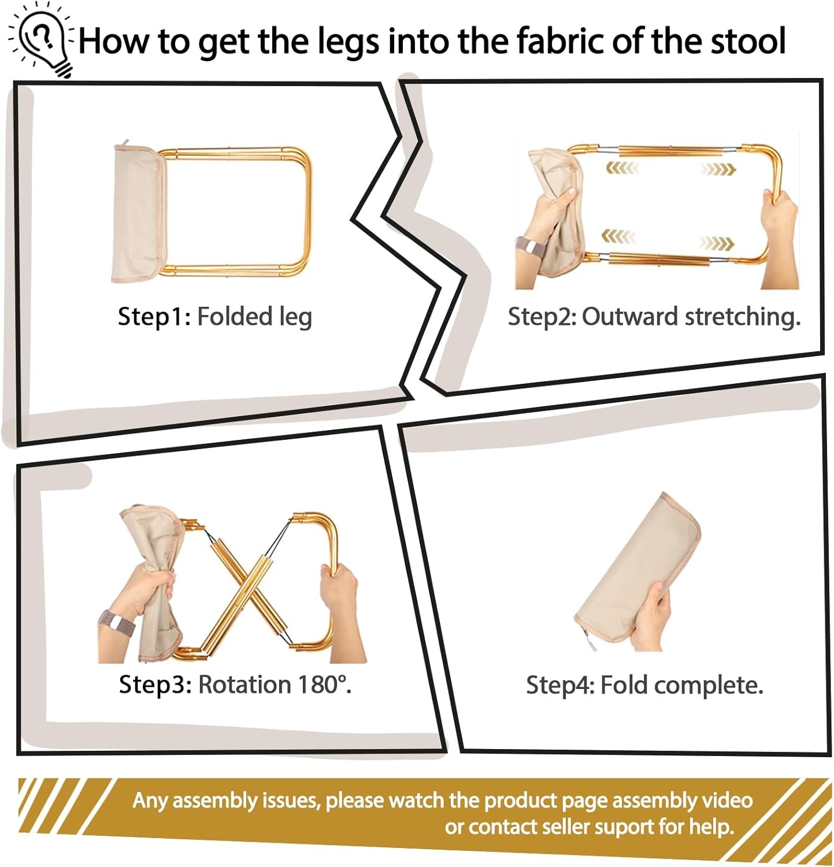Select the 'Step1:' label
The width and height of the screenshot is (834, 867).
[154, 317]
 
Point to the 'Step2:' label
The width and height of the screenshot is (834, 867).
[542, 317]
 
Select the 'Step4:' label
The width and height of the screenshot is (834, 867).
[560, 685]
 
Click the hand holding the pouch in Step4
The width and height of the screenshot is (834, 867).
[650, 616]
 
